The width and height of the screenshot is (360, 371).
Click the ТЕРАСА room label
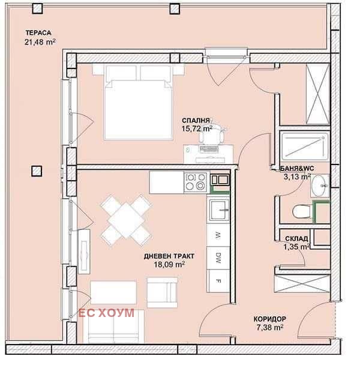[38, 32]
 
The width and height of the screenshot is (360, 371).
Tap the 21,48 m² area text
[40, 42]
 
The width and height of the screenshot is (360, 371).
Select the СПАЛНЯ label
[196, 120]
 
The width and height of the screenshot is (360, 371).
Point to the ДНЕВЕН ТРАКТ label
[169, 256]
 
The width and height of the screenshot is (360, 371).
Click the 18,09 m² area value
[169, 264]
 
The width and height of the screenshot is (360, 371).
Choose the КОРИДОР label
[269, 319]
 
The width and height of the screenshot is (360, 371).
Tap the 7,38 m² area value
[270, 327]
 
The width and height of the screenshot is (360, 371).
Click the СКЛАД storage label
[296, 238]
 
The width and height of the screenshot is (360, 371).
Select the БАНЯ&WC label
[297, 169]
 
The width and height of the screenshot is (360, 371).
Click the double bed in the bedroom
[139, 102]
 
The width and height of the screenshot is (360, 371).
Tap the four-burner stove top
[196, 182]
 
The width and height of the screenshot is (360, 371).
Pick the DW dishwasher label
[218, 258]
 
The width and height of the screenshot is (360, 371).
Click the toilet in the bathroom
[302, 211]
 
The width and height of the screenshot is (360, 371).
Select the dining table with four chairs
[126, 220]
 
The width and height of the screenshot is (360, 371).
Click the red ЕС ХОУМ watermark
[106, 313]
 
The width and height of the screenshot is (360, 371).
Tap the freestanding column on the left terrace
[37, 171]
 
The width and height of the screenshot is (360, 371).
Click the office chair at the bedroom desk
[211, 134]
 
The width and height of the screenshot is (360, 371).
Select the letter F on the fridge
[218, 282]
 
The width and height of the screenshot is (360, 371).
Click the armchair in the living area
[162, 292]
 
